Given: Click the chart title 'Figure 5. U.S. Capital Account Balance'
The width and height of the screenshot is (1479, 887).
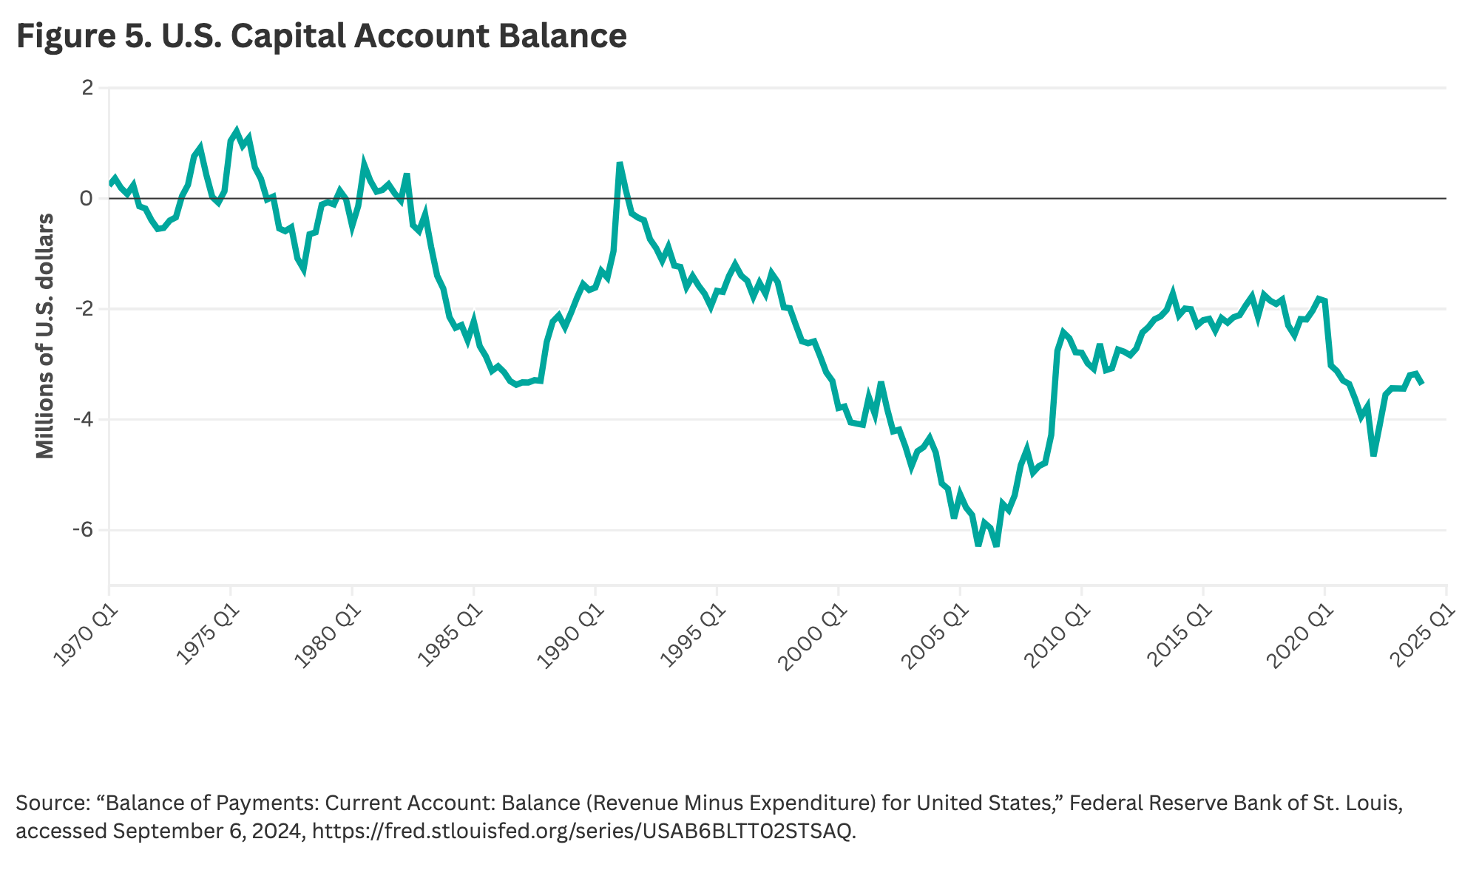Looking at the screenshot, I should pos(322,36).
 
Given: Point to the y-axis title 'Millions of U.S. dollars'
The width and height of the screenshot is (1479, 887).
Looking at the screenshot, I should pos(45,336).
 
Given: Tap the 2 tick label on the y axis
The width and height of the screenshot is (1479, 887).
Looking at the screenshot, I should pos(87,88).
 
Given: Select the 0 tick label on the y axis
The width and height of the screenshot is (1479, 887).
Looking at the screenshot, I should pos(87,198).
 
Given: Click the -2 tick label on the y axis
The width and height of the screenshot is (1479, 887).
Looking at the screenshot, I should pos(84,309).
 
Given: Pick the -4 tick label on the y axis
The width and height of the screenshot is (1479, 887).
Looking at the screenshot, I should pos(84,419).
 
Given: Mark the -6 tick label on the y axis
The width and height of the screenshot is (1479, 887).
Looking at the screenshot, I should pos(84,530).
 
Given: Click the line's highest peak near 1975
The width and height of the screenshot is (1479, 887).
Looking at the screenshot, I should pos(237,131).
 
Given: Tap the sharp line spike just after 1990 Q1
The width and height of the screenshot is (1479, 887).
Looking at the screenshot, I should pos(620,163).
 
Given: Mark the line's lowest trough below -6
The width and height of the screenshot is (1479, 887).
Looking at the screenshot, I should pos(996,546).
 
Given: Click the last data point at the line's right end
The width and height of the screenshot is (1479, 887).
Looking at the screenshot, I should pos(1422,383).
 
